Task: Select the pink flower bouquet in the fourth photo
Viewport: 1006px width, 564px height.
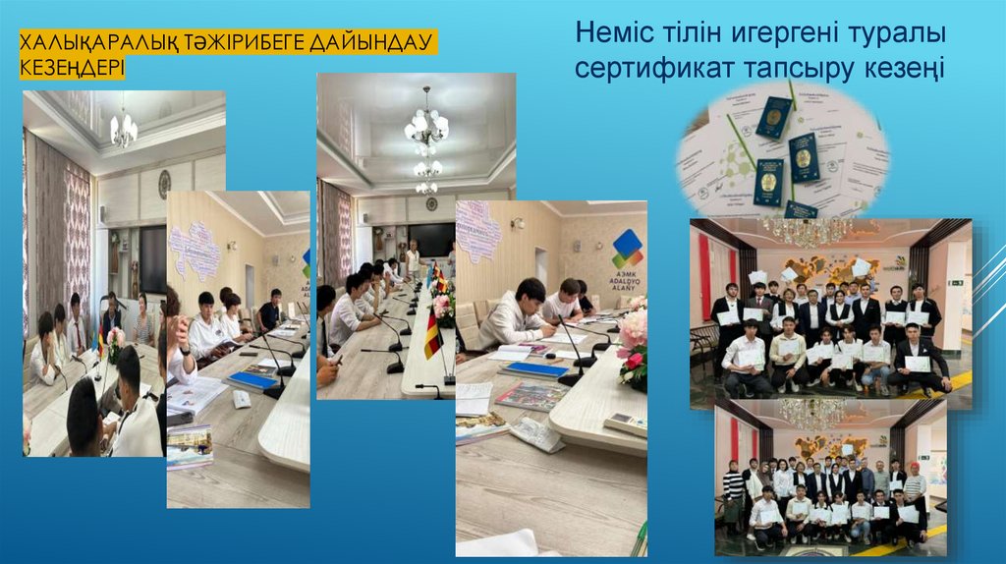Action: pos(633,338)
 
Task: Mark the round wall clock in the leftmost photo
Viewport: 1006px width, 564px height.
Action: pos(164,181)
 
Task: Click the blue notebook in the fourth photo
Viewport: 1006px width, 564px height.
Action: pos(534,369)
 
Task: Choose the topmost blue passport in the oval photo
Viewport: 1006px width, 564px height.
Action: pos(773,117)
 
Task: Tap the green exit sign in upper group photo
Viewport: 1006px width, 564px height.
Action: pos(955,282)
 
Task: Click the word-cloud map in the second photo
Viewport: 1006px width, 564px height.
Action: pos(196,250)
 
